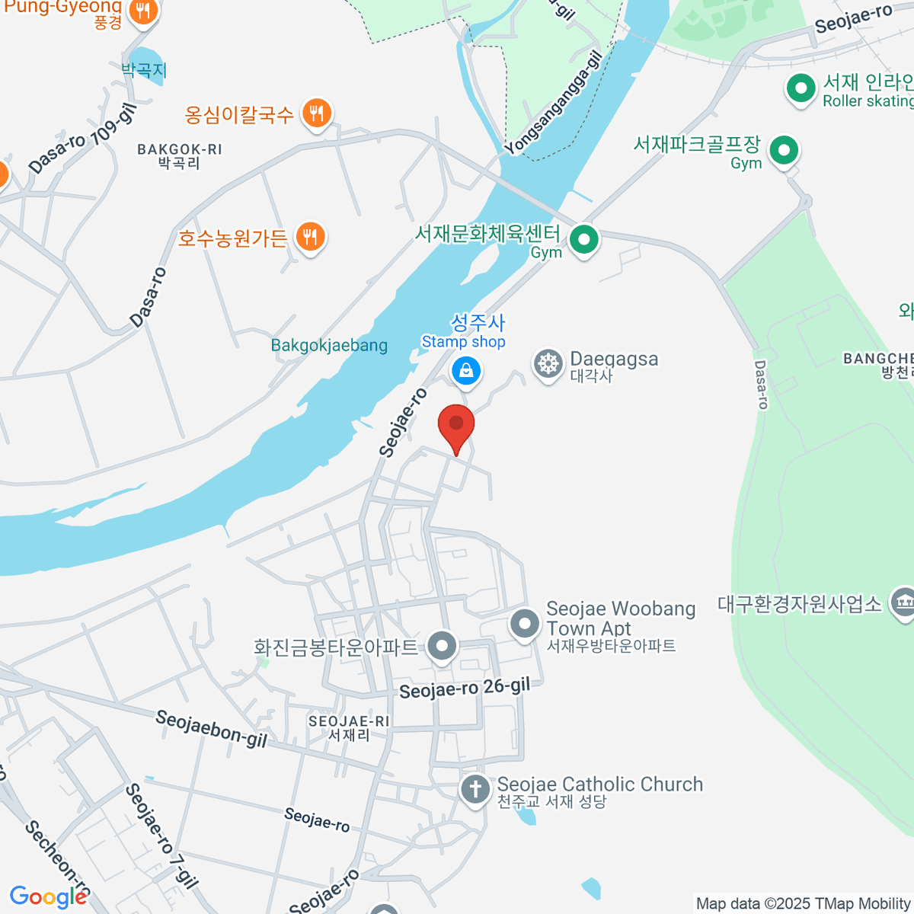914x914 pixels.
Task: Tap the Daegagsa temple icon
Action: tap(548, 364)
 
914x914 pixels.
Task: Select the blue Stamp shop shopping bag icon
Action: tap(465, 372)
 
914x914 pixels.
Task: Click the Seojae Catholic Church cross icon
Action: tap(475, 789)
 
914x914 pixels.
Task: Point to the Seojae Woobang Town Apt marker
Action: tap(524, 624)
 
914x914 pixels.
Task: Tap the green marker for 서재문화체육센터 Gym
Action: tap(584, 240)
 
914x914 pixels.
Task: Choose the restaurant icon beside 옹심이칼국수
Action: tap(315, 114)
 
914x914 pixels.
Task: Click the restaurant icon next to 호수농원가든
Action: tap(309, 237)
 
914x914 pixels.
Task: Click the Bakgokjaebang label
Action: tap(329, 346)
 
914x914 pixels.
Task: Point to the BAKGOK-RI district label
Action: tap(180, 155)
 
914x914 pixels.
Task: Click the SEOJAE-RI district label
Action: tap(349, 727)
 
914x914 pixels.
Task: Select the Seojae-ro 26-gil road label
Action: tap(464, 689)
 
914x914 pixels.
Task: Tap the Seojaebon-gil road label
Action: tap(211, 729)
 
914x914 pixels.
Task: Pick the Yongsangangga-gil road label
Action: tap(553, 103)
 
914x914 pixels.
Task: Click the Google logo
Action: tap(49, 896)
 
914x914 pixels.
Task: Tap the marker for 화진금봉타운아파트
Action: tap(441, 647)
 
